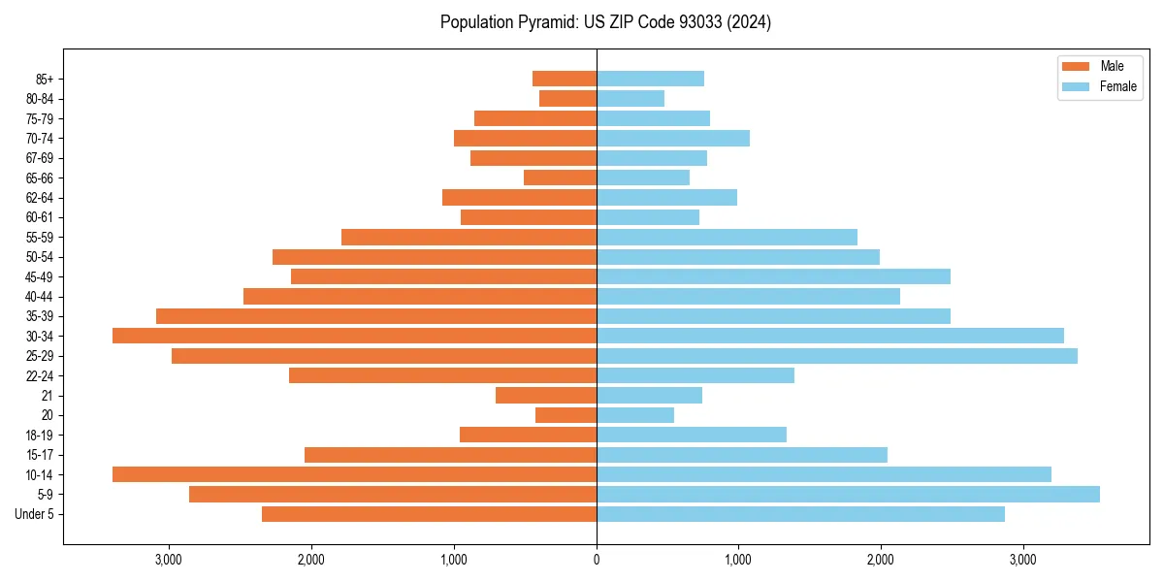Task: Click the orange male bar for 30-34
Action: (x=354, y=336)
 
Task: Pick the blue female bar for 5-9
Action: (x=848, y=494)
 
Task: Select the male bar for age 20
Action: (x=566, y=415)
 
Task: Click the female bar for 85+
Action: (x=650, y=79)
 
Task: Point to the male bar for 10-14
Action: (x=354, y=474)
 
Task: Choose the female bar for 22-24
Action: (x=695, y=375)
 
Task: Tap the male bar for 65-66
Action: (x=560, y=178)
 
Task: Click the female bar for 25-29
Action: (x=836, y=356)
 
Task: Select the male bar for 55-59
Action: (x=469, y=237)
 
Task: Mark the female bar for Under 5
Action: (x=800, y=514)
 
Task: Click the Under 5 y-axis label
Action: (x=35, y=514)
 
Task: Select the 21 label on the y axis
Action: (x=48, y=396)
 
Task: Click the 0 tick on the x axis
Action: (x=597, y=560)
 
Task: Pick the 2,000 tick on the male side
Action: (x=311, y=560)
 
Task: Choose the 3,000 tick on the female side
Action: (x=1022, y=560)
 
